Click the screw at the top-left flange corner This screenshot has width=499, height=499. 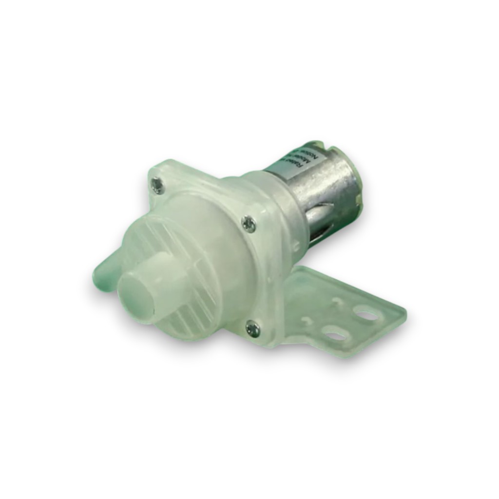157,185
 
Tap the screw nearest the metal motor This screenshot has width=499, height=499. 249,224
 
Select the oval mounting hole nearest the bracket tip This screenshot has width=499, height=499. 366,314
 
